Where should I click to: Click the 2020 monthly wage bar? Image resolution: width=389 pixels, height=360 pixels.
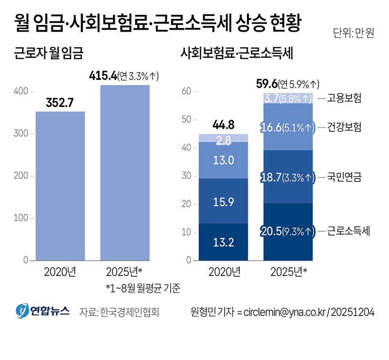tap(60, 186)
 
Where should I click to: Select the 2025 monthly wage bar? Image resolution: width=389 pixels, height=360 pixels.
tap(124, 173)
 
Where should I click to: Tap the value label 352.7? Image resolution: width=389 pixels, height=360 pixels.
tap(60, 103)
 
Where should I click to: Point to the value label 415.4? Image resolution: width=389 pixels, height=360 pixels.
tap(104, 76)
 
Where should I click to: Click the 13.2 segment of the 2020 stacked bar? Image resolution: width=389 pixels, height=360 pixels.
tap(224, 242)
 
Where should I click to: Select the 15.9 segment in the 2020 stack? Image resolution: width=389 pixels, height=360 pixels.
tap(224, 201)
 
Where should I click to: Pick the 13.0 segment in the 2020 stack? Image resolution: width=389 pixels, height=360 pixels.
tap(224, 160)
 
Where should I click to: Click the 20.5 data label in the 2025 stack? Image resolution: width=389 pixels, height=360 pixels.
tap(273, 231)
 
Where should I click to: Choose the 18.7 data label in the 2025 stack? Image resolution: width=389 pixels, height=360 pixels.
tap(273, 177)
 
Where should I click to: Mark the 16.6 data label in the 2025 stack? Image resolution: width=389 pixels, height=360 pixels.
tap(273, 127)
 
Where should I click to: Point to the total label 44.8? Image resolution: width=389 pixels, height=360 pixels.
tap(223, 125)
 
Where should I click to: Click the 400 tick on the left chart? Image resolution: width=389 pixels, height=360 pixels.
tap(19, 91)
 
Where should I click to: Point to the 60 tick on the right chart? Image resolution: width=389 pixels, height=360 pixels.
tap(185, 91)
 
